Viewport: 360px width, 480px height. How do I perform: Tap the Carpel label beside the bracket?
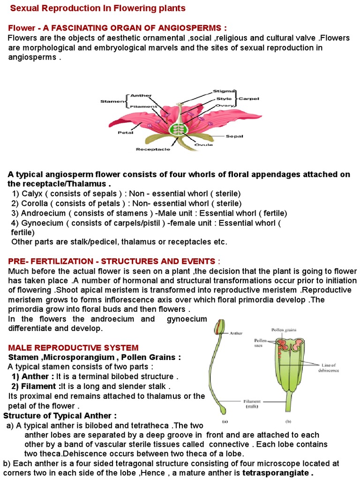click(249, 99)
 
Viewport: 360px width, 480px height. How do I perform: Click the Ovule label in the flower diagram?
click(203, 145)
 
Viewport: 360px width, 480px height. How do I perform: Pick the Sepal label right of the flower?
click(234, 136)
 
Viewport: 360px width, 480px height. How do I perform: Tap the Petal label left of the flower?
click(126, 133)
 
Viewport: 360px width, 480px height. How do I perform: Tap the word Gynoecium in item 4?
click(42, 223)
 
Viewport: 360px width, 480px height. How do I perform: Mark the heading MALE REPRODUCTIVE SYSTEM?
click(74, 348)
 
